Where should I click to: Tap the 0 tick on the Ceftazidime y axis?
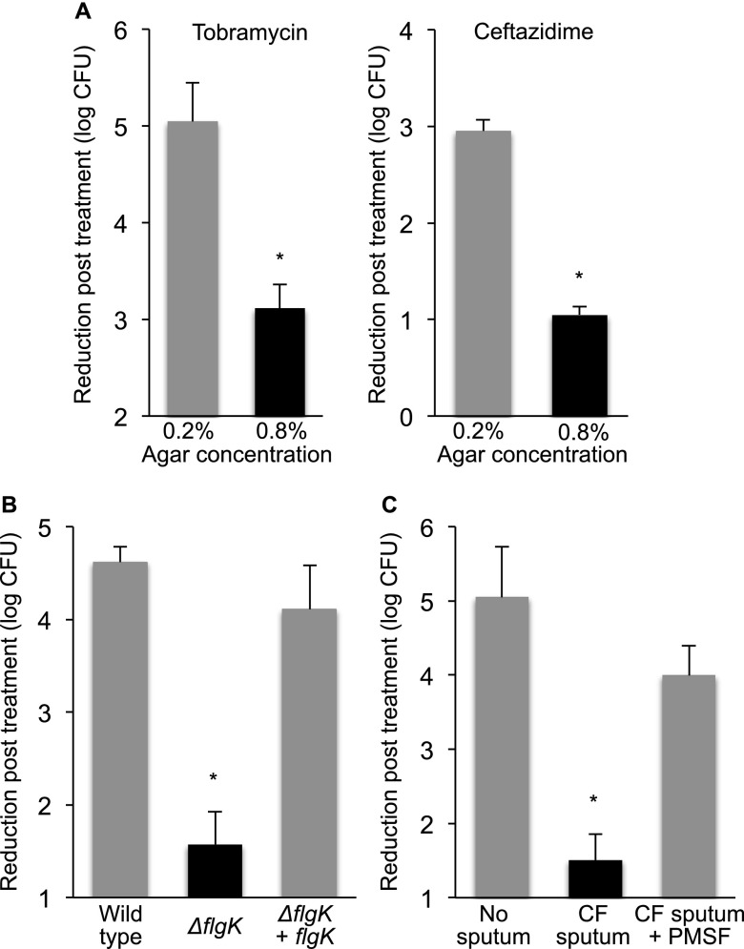click(x=407, y=416)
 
